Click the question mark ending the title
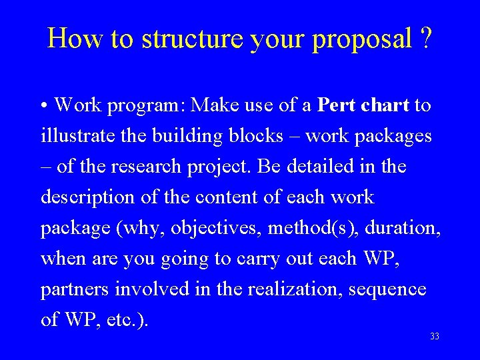coord(425,39)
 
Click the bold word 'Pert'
coord(338,105)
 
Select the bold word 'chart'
coord(386,105)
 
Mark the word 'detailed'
coord(316,167)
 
